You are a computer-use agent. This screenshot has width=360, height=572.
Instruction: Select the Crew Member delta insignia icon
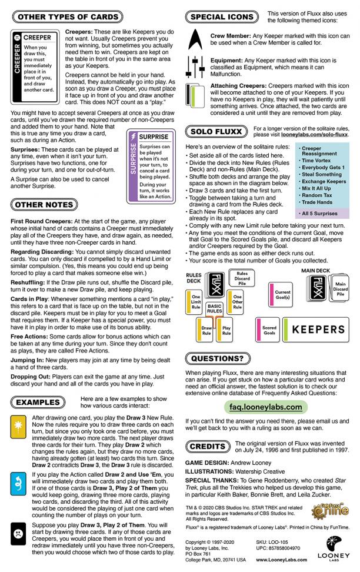tap(194, 40)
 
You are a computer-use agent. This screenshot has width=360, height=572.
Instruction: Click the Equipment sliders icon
tap(194, 66)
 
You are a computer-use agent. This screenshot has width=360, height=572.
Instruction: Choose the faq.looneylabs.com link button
tap(266, 407)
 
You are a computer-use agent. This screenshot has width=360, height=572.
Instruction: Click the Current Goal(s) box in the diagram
tap(282, 292)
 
